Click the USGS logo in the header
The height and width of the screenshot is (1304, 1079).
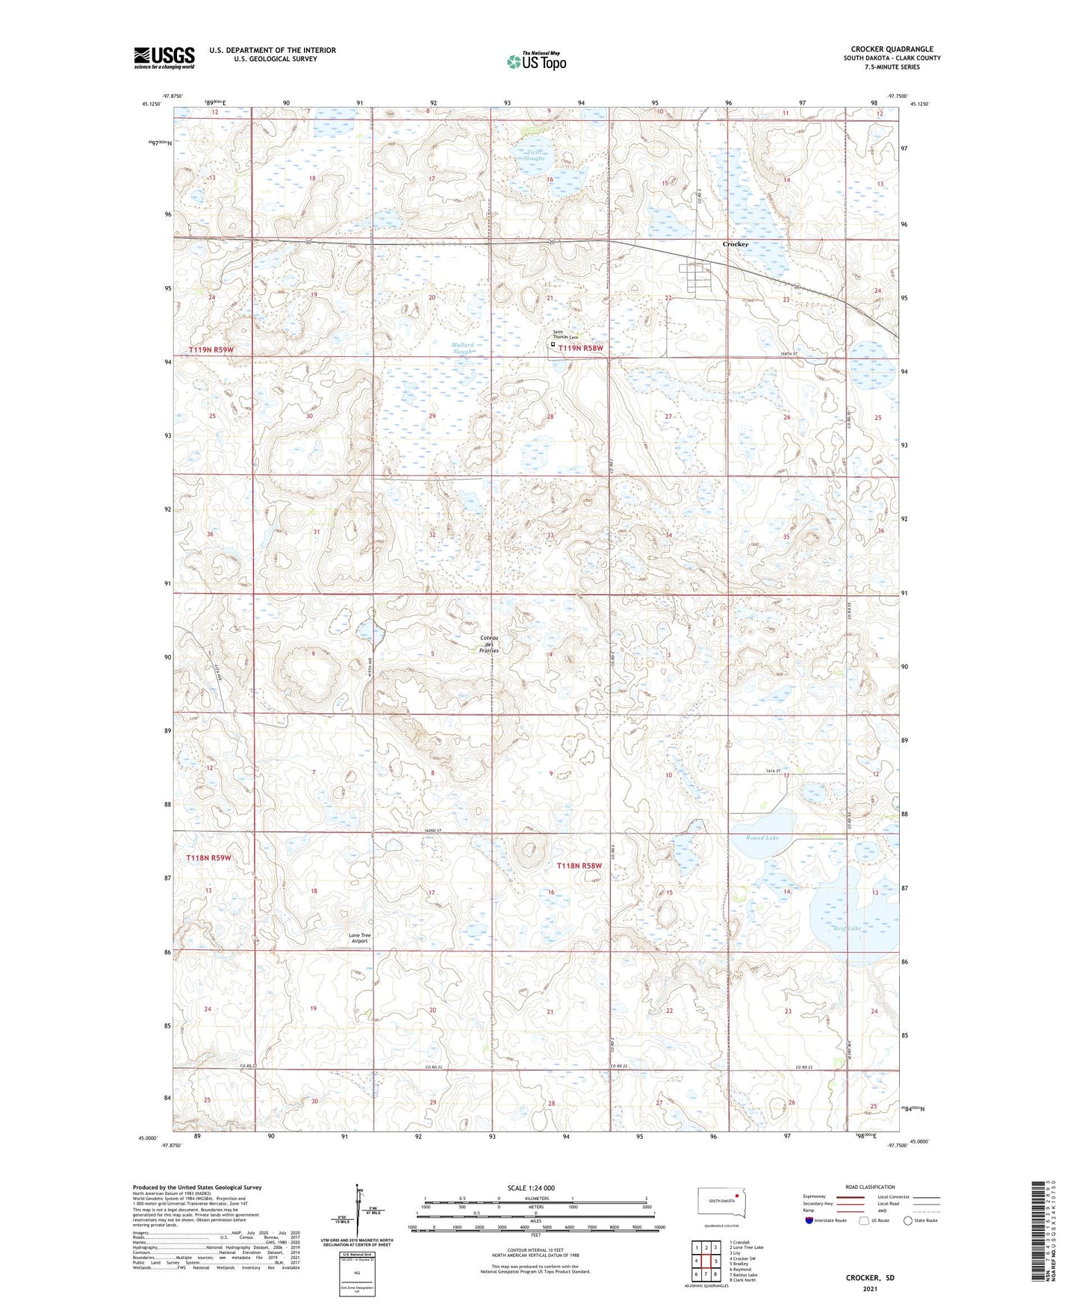[164, 58]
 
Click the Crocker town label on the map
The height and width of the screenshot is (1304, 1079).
[735, 244]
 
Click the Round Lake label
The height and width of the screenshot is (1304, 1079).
[762, 838]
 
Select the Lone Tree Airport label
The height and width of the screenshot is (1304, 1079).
[360, 938]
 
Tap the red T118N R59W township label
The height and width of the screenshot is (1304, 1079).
[210, 858]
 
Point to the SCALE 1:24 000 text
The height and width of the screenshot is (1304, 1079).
[530, 1187]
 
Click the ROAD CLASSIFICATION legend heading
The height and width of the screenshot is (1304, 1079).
[870, 1187]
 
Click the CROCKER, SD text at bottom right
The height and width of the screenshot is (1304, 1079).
[870, 1278]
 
